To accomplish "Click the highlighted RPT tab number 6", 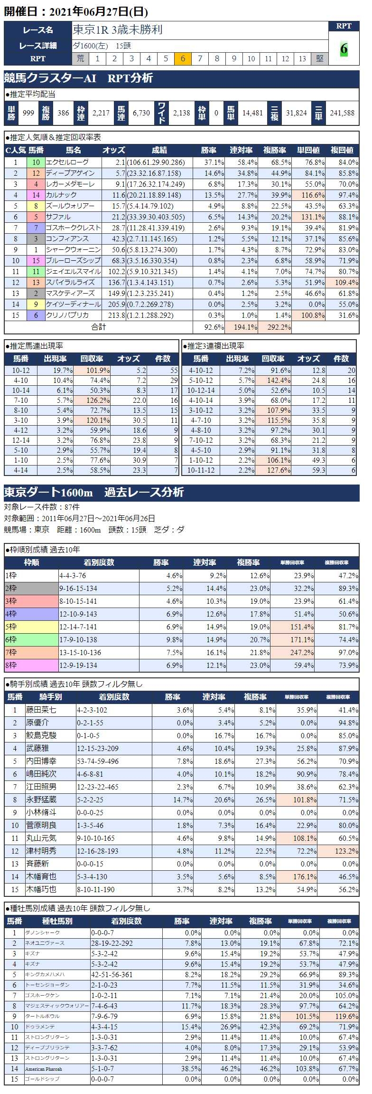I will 183,58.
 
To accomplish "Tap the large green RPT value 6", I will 344,48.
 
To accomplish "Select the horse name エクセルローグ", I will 67,162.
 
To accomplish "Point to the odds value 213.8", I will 114,315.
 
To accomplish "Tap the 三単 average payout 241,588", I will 342,113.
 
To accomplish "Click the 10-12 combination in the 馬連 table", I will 21,371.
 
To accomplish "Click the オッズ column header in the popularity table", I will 114,151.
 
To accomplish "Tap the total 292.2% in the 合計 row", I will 275,327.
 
